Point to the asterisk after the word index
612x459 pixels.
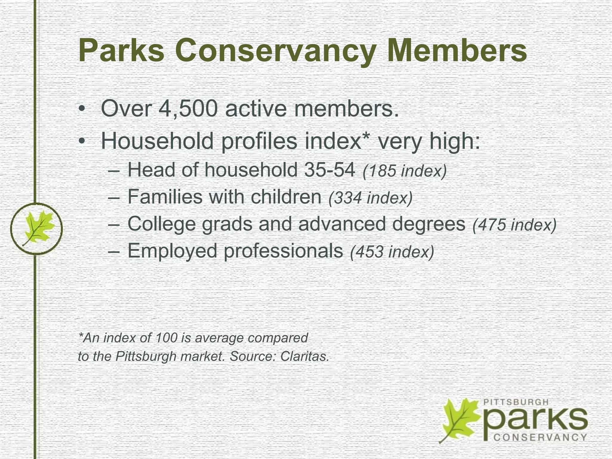click(x=366, y=136)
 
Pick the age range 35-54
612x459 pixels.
click(x=329, y=170)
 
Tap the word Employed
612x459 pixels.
click(x=172, y=251)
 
